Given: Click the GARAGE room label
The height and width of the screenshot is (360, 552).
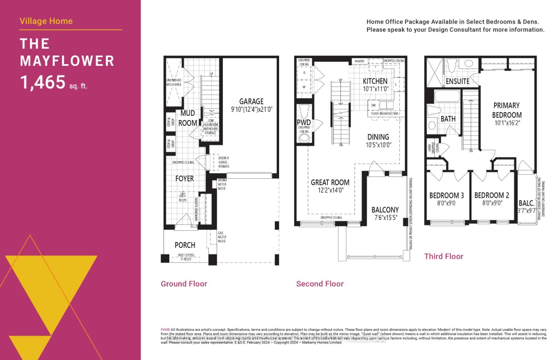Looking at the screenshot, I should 251,101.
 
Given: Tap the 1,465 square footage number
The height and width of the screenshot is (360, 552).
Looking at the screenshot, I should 42,82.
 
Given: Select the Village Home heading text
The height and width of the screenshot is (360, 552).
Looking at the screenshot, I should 46,21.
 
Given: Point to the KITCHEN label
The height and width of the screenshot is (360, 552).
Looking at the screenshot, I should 375,81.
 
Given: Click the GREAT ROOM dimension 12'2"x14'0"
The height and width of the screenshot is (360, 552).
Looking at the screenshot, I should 331,190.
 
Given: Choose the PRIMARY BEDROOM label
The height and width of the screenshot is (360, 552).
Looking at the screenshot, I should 506,110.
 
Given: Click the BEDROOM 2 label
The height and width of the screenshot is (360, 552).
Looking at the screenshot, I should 492,195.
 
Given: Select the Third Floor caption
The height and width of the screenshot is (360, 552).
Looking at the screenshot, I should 444,256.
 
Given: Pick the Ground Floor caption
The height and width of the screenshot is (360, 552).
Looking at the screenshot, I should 184,284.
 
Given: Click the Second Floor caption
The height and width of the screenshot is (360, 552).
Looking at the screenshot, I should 320,284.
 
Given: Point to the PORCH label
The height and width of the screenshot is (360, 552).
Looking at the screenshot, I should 185,245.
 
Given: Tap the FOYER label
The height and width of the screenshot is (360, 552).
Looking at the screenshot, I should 185,179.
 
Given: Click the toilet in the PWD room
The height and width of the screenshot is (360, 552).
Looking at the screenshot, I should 304,111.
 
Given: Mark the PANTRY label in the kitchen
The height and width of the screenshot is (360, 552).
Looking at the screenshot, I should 359,61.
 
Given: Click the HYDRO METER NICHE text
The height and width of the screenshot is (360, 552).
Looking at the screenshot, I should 222,184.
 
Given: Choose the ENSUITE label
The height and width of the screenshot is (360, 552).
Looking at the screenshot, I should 457,81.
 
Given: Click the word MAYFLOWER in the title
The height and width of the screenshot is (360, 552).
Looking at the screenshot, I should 67,61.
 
